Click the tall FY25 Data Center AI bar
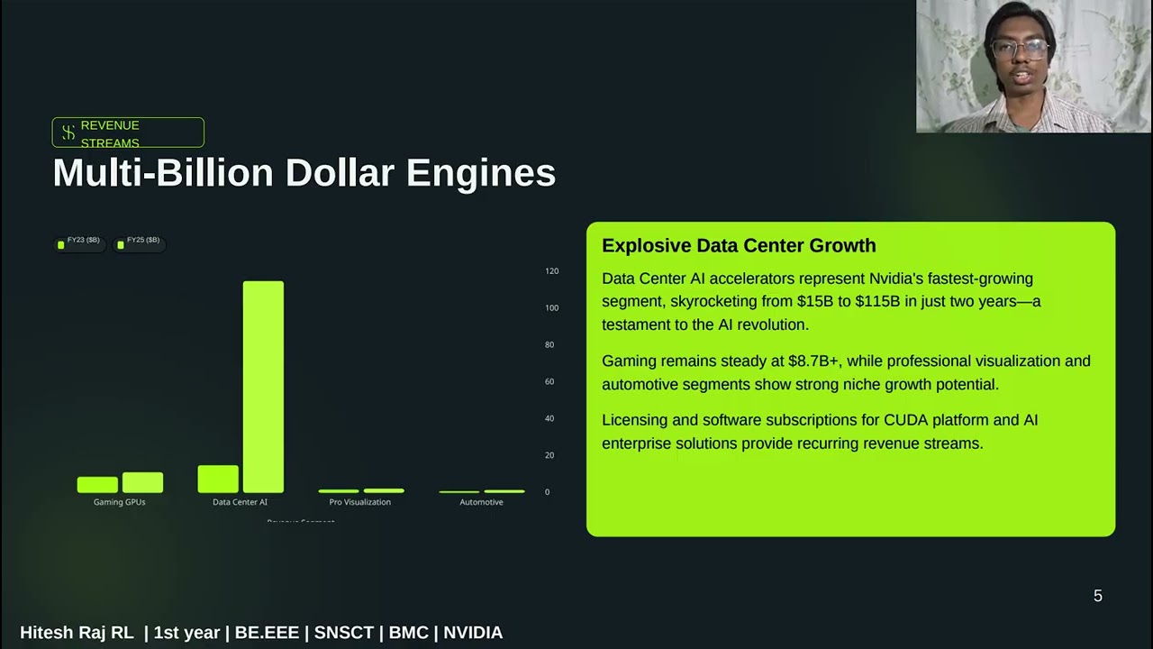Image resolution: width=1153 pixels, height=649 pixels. (263, 387)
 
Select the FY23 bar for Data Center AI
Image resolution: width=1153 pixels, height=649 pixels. (218, 479)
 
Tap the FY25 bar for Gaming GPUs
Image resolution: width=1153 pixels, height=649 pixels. (142, 482)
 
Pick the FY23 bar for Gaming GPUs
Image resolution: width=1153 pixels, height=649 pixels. (97, 484)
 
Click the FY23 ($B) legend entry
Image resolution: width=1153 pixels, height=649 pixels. (78, 241)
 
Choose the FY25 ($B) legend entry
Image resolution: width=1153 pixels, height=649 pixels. (139, 241)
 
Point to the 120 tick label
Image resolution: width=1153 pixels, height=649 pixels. (551, 271)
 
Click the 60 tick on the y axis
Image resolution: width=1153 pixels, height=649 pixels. (549, 382)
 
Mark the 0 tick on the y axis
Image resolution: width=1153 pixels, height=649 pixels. (547, 492)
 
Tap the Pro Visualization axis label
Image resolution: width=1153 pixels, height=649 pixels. (360, 502)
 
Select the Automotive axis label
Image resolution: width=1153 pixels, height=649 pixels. (481, 502)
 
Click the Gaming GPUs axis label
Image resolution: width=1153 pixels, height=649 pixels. (120, 502)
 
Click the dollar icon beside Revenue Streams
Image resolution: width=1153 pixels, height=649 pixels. (68, 133)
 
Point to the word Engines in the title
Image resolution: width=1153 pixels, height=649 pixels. (481, 173)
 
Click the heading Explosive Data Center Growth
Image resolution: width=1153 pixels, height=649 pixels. (739, 246)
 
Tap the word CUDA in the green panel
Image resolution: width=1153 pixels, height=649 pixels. (905, 420)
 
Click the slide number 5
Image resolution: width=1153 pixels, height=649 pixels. (1097, 596)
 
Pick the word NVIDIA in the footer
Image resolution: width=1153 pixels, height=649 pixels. (473, 633)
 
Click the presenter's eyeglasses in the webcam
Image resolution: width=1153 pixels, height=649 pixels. (1020, 49)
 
